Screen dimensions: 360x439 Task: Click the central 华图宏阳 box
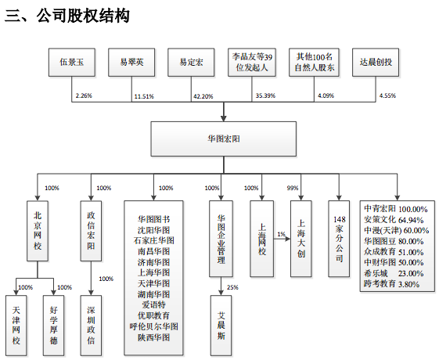tap(223, 139)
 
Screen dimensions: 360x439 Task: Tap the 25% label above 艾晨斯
tap(232, 286)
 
